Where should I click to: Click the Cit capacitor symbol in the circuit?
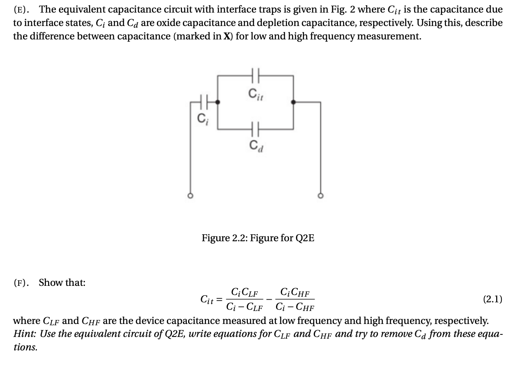coord(255,76)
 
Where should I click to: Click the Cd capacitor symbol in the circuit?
coord(255,129)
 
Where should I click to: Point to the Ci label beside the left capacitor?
coord(201,117)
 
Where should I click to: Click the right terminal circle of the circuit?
coord(321,196)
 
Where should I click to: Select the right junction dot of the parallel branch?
coord(293,103)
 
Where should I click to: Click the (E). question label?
coord(22,9)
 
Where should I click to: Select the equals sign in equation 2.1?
coord(220,299)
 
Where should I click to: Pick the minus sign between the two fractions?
coord(270,299)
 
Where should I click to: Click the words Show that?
coord(62,283)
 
